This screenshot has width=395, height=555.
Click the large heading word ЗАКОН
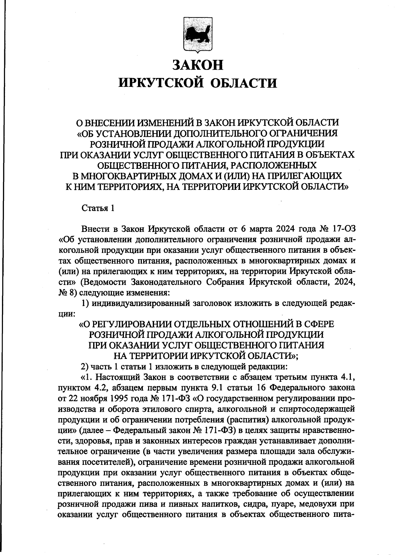click(x=197, y=64)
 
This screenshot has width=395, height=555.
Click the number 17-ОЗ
click(x=342, y=229)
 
